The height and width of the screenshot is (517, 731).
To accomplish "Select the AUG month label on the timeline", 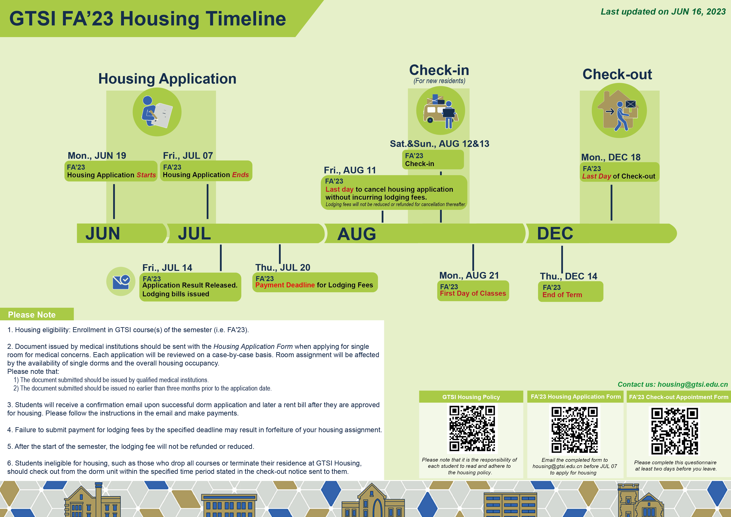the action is pyautogui.click(x=357, y=234).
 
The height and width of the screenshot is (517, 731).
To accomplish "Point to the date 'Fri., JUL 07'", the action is pyautogui.click(x=188, y=155).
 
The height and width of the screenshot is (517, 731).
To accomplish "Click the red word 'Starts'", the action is pyautogui.click(x=146, y=175).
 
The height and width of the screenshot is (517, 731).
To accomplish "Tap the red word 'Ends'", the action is pyautogui.click(x=240, y=175).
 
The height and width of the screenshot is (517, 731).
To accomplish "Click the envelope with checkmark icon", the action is pyautogui.click(x=121, y=281).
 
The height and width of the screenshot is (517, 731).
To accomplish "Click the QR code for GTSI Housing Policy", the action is pyautogui.click(x=472, y=428).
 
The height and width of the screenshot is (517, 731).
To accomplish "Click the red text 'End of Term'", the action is pyautogui.click(x=562, y=295).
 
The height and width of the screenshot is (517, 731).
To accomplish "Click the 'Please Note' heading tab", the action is pyautogui.click(x=32, y=314).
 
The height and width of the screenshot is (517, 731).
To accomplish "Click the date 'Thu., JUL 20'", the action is pyautogui.click(x=283, y=267).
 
